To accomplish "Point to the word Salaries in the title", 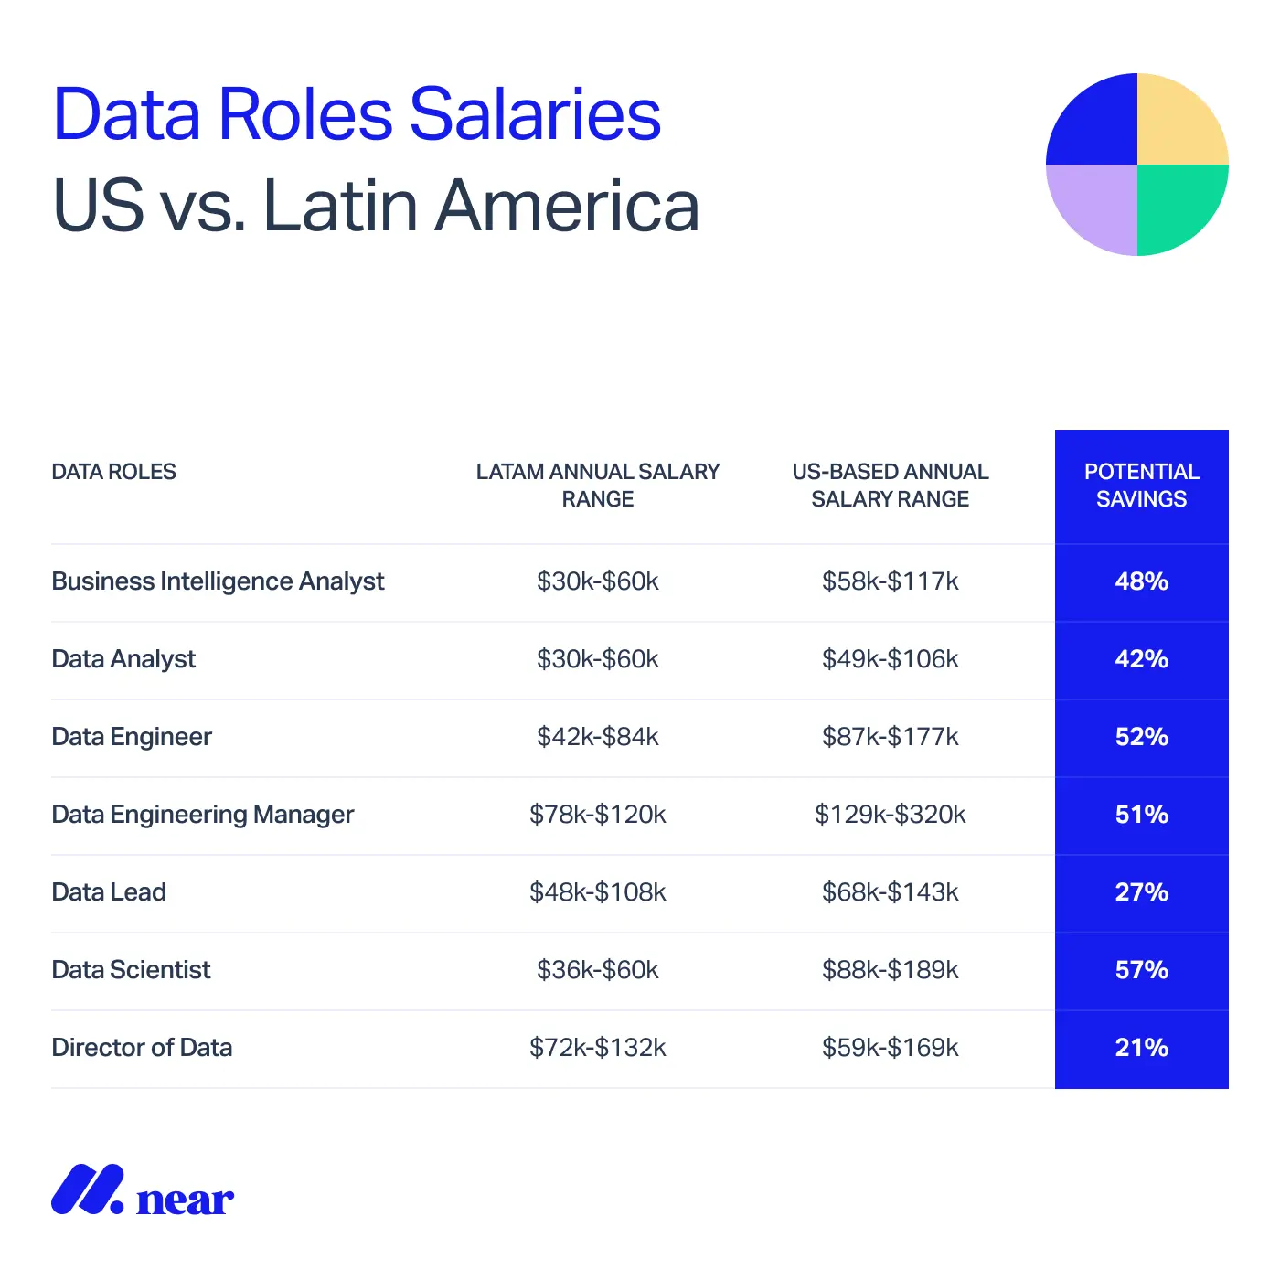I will coord(535,115).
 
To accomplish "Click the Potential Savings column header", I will coord(1141,485).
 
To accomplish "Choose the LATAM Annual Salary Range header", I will coord(597,485).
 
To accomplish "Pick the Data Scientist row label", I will coord(131,970).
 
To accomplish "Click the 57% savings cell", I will coord(1141,970).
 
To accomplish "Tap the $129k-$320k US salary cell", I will coord(890,815).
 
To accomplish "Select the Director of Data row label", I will coord(142,1048).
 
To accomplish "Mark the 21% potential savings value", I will coord(1141,1048).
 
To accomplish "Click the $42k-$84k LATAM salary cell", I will coord(597,737).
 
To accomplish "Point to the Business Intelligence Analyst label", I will coord(218,581).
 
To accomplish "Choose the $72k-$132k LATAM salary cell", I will coord(597,1048).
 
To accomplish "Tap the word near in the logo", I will coord(185,1200).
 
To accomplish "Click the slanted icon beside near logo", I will coord(87,1189).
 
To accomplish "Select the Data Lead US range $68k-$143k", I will coord(890,892).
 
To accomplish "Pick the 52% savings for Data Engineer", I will coord(1141,737).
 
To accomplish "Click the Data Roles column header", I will coord(113,472).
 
